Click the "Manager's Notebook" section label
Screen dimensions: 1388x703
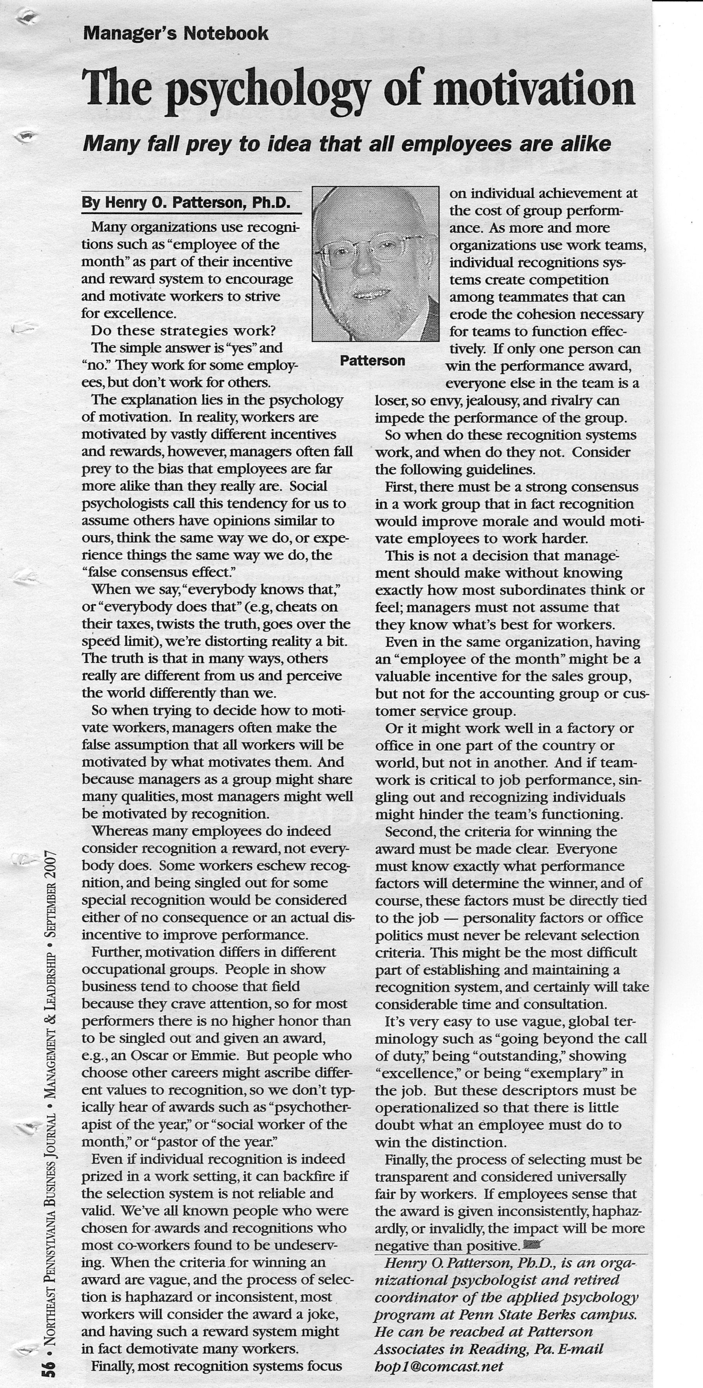(176, 33)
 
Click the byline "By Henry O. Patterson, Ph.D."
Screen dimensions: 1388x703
(186, 203)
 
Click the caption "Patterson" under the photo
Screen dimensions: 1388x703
(372, 361)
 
